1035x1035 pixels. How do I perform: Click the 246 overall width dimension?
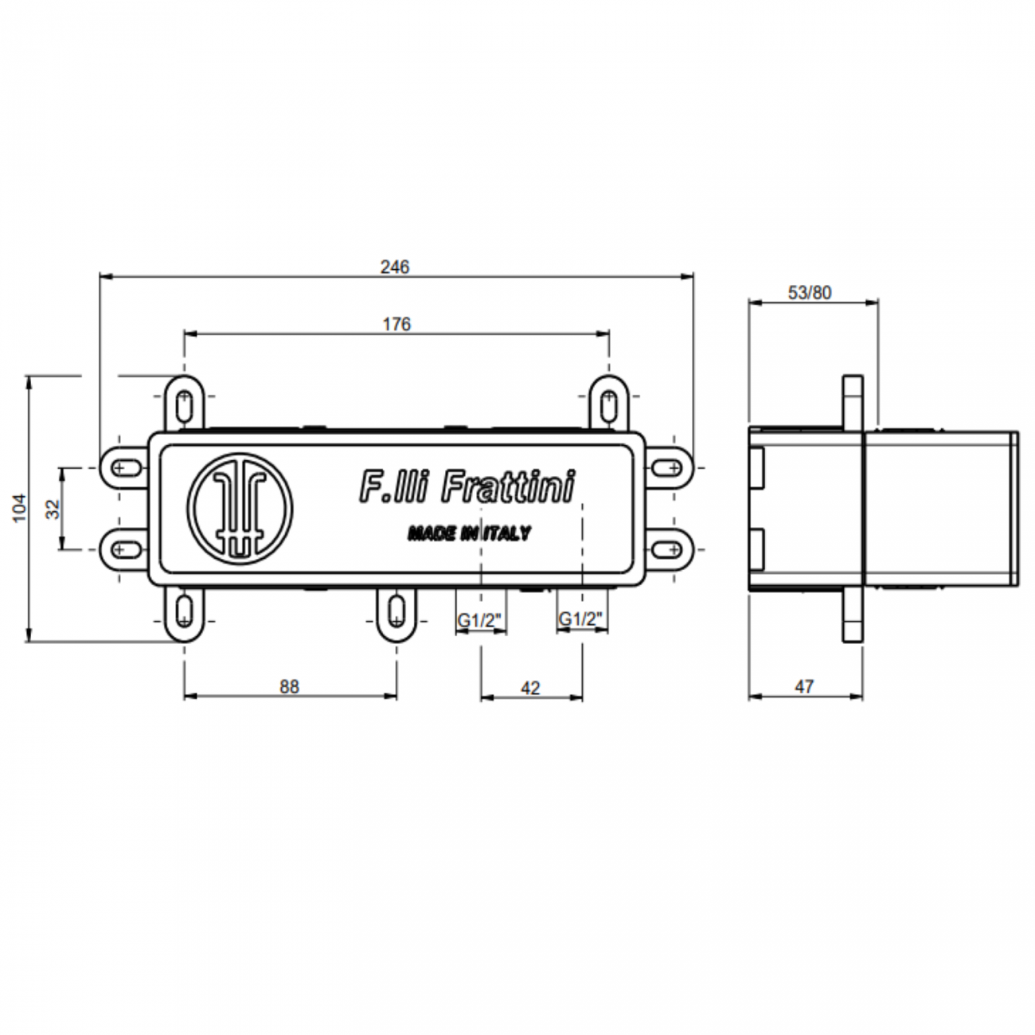pyautogui.click(x=394, y=267)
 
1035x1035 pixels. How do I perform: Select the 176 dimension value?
pyautogui.click(x=396, y=324)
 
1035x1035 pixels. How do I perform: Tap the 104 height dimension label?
pyautogui.click(x=19, y=507)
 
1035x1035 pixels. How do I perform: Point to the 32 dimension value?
pyautogui.click(x=53, y=510)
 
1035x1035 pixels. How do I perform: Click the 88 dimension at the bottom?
pyautogui.click(x=290, y=686)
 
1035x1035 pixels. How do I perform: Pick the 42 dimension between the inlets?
pyautogui.click(x=529, y=687)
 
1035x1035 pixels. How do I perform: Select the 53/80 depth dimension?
pyautogui.click(x=810, y=292)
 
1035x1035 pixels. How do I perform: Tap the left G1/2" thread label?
pyautogui.click(x=480, y=619)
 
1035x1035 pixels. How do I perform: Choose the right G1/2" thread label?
pyautogui.click(x=582, y=619)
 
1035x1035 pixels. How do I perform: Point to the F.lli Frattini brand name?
pyautogui.click(x=467, y=486)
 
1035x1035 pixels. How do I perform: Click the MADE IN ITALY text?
pyautogui.click(x=469, y=533)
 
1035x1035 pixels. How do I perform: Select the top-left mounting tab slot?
pyautogui.click(x=185, y=404)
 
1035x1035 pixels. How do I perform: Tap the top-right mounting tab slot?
pyautogui.click(x=608, y=404)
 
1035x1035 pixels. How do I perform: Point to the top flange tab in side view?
pyautogui.click(x=853, y=402)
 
